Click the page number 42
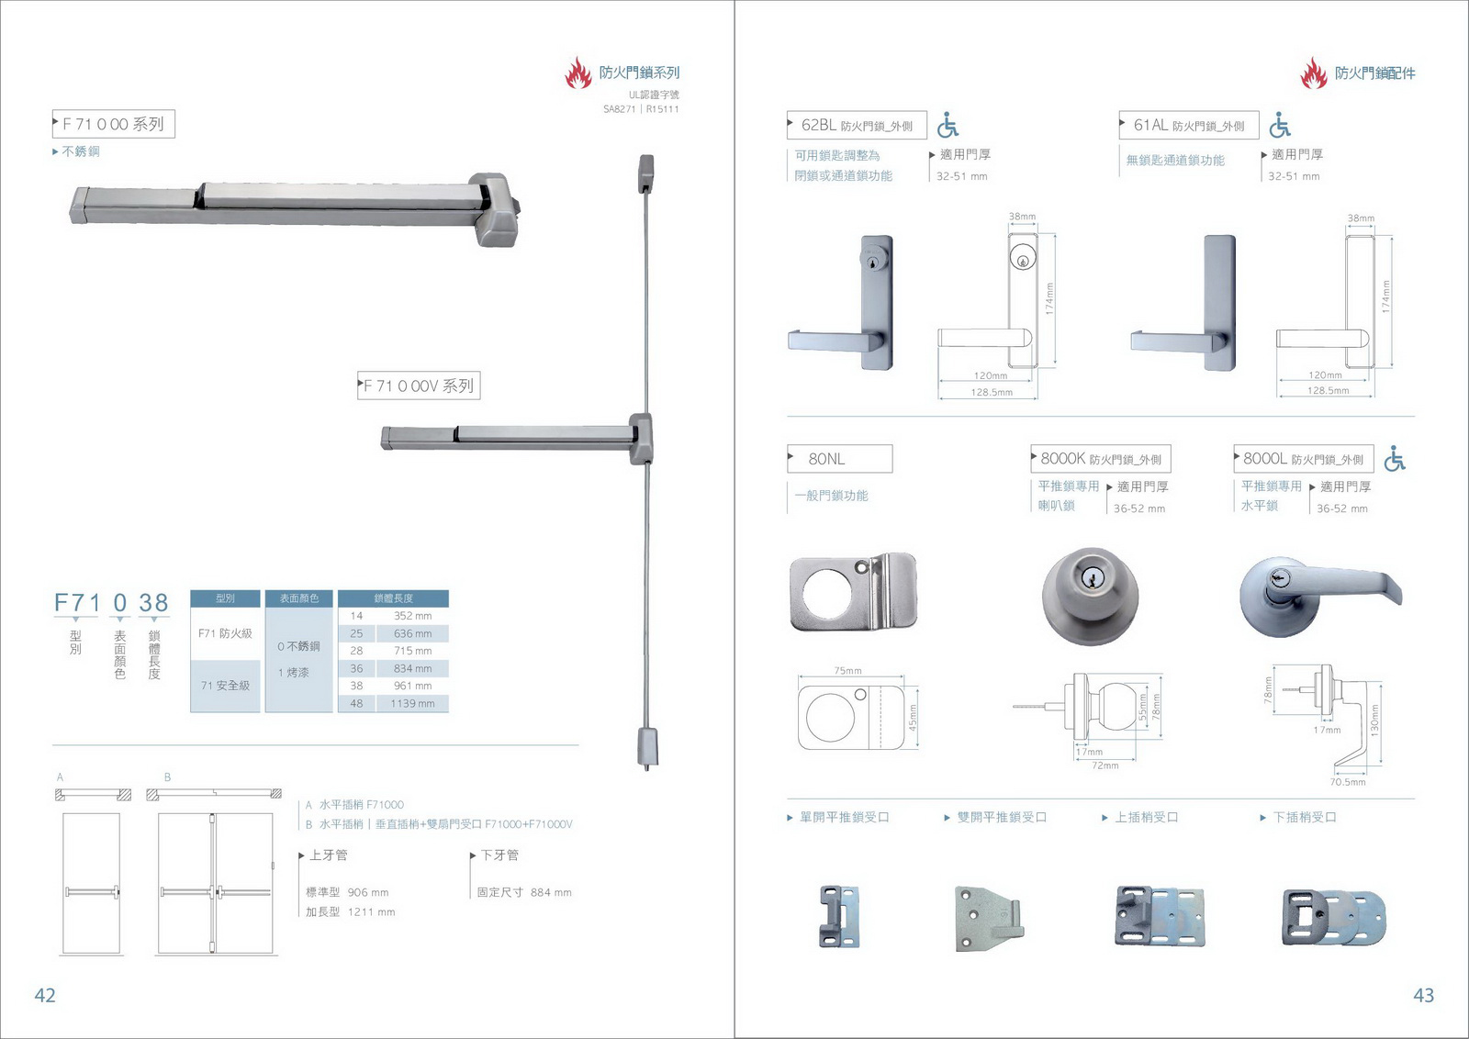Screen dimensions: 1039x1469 click(45, 995)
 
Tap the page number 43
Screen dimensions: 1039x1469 click(1423, 995)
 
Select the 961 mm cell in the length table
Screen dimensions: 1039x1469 click(412, 686)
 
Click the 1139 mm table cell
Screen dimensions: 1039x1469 click(412, 704)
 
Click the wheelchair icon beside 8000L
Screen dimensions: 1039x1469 click(1395, 458)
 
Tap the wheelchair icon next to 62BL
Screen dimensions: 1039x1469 click(948, 126)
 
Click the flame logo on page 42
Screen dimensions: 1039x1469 click(578, 73)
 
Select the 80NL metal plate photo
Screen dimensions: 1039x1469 click(853, 593)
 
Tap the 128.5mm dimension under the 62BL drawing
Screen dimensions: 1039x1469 click(992, 393)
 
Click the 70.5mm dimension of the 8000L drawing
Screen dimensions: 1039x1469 click(1348, 782)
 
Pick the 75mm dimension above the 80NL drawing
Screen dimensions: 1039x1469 click(847, 671)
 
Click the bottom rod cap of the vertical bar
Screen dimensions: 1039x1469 click(647, 745)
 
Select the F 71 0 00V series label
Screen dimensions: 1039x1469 click(419, 386)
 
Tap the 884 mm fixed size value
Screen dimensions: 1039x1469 click(551, 892)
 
